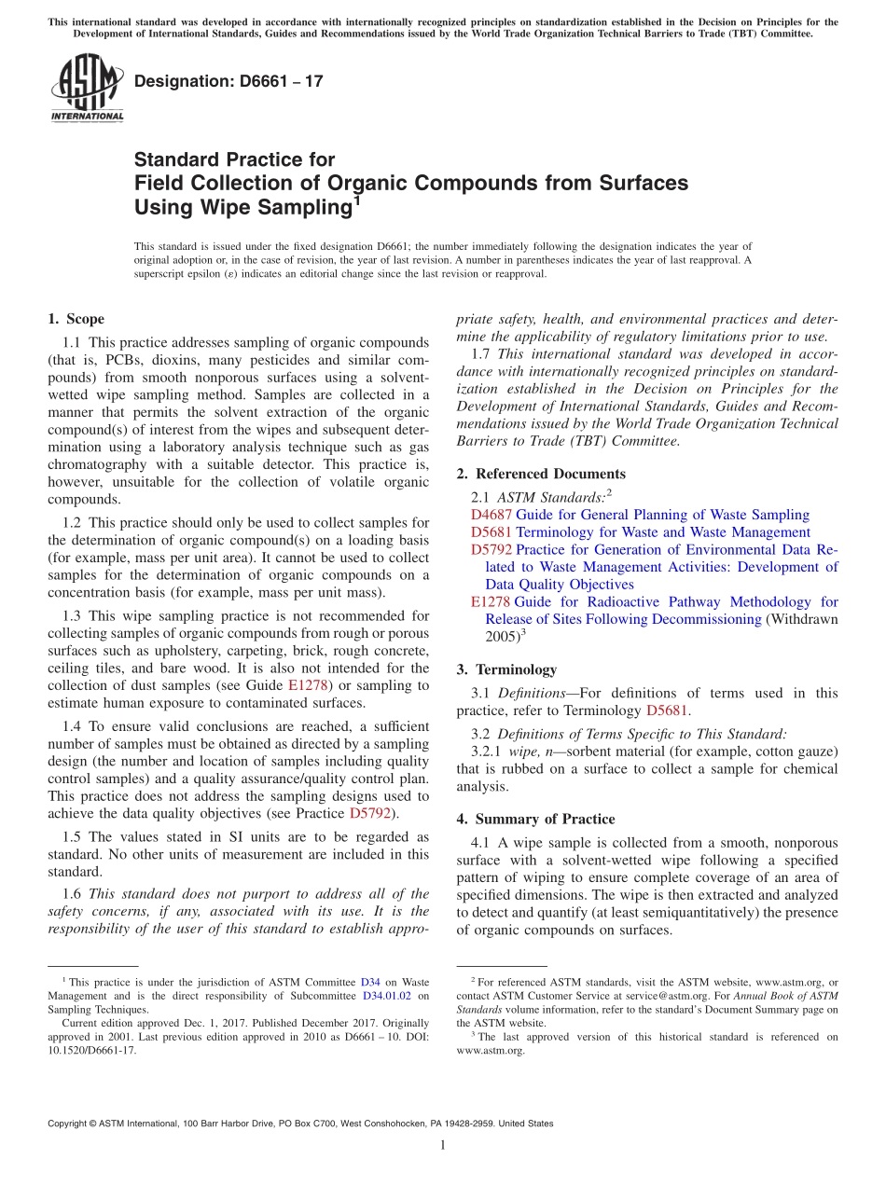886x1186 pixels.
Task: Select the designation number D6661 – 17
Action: tap(228, 81)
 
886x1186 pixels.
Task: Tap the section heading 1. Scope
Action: tap(76, 319)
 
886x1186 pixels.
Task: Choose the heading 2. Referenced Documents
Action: tap(541, 474)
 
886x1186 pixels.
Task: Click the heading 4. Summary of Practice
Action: tap(535, 819)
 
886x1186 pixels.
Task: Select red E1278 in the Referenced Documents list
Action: tap(491, 602)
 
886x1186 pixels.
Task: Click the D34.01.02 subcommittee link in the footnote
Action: tap(386, 996)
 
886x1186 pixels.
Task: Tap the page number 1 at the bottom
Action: tap(443, 1145)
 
